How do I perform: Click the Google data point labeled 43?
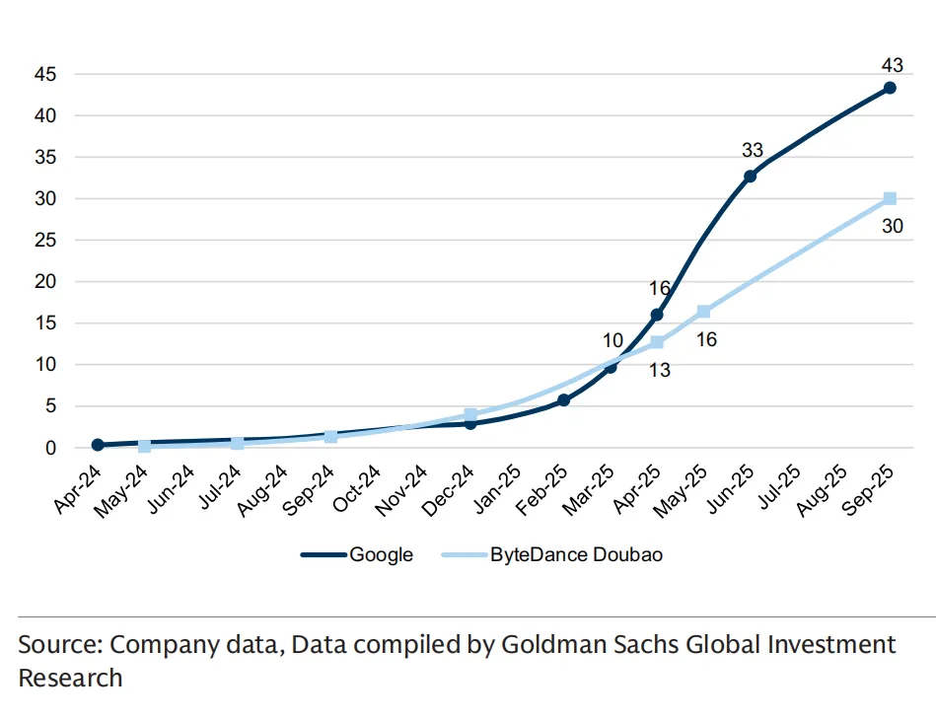[x=890, y=88]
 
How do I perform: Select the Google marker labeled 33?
[x=750, y=176]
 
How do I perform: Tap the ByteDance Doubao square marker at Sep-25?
[x=890, y=198]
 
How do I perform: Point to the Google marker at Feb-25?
[x=563, y=400]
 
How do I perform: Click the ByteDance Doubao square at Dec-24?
[x=470, y=415]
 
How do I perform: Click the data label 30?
[x=892, y=226]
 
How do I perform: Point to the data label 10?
[x=612, y=341]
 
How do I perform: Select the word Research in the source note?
[x=70, y=679]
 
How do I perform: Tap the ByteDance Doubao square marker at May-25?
[x=703, y=312]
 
